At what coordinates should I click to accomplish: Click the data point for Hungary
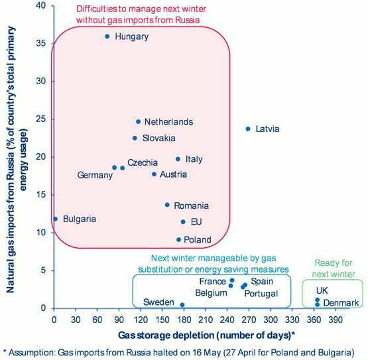pos(107,36)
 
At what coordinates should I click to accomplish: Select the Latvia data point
pos(248,129)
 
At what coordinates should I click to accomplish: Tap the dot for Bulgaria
pos(56,219)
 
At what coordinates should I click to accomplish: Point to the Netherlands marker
pos(138,121)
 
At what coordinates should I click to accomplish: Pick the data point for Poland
pos(178,239)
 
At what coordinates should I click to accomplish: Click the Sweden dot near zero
pos(182,305)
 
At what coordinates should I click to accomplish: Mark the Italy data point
pos(178,159)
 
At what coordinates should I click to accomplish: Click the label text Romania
pos(191,206)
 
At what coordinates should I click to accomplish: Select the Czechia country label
pos(143,162)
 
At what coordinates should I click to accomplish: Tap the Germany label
pos(95,175)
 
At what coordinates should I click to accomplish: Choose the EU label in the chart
pos(196,222)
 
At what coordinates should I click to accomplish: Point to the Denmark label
pos(341,303)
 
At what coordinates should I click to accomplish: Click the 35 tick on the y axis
pos(41,43)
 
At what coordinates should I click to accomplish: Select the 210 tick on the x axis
pos(206,320)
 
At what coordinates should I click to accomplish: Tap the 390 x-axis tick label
pos(336,320)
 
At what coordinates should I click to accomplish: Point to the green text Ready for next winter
pos(334,269)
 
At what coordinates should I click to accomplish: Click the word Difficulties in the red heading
pos(97,9)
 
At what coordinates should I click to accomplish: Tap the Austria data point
pos(154,174)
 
